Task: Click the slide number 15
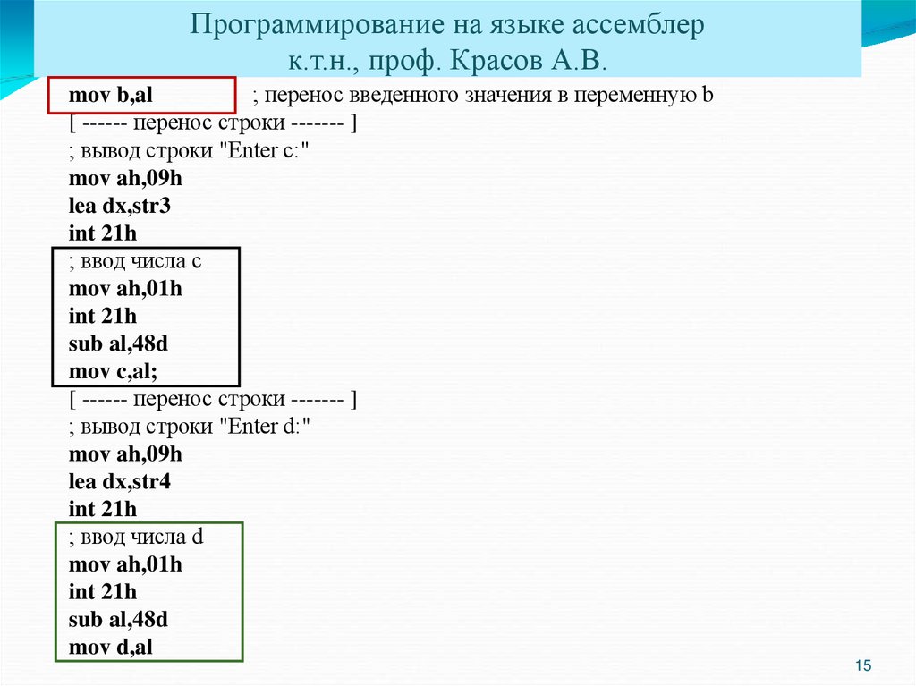click(x=863, y=665)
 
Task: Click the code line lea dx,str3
click(x=120, y=206)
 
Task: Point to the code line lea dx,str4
click(x=120, y=482)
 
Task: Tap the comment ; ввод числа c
click(x=135, y=261)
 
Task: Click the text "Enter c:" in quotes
click(x=269, y=151)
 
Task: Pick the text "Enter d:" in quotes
click(x=269, y=427)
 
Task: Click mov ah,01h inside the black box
click(x=125, y=289)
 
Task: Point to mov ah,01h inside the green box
click(x=125, y=565)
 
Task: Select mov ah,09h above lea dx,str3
click(x=125, y=178)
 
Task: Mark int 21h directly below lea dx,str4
click(x=103, y=510)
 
